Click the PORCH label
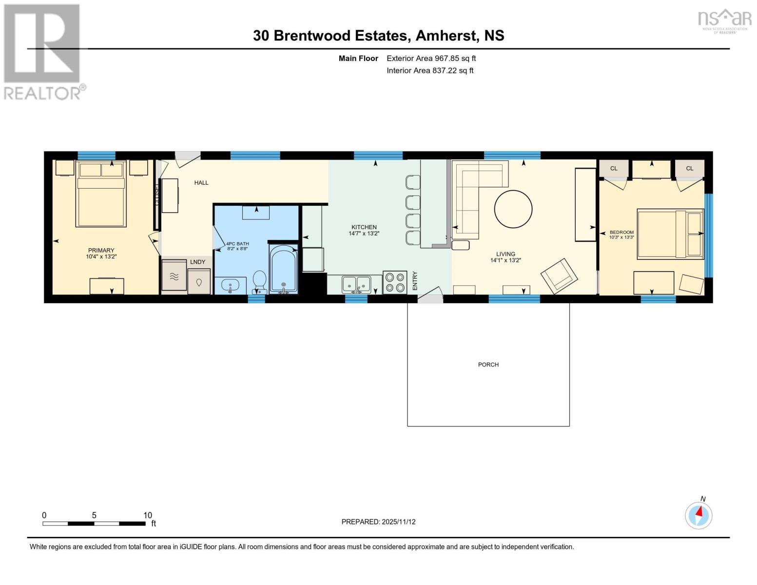[488, 365]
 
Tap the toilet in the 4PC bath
[259, 281]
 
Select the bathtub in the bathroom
[283, 270]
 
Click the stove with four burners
[394, 282]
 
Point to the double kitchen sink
[356, 284]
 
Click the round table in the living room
[513, 209]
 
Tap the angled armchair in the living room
[560, 275]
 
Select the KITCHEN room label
[364, 227]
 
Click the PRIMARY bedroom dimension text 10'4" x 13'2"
[101, 256]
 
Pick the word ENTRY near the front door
[415, 281]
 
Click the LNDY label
[197, 262]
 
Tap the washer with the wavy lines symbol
[174, 276]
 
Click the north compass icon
[699, 515]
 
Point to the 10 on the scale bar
[148, 515]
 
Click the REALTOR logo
[42, 51]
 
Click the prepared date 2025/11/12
[398, 522]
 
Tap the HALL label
[201, 183]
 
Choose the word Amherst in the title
[446, 36]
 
